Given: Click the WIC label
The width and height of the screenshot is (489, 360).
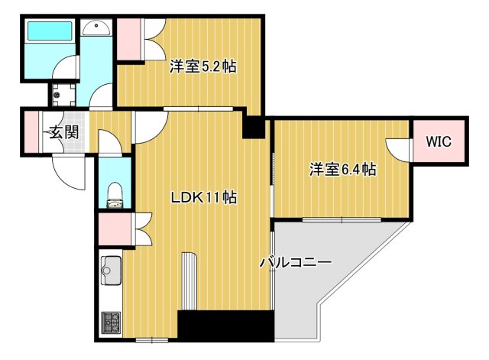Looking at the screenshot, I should pos(439,141).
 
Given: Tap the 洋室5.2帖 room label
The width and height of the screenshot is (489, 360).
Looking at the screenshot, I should pos(202,66).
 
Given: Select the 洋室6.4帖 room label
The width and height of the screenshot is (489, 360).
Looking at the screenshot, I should pos(342,169).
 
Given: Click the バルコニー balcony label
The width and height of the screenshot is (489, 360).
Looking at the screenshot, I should pos(295,262).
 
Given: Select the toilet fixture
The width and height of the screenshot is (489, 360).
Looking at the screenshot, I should pos(115,193).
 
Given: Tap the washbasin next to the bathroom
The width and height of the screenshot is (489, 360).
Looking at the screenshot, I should pos(97,29).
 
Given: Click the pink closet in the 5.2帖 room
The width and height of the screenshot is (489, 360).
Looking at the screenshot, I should pos(128,37).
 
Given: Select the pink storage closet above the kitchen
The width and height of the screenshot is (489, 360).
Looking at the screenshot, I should pos(113,228).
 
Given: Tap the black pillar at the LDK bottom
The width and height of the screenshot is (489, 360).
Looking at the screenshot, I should pos(225,325).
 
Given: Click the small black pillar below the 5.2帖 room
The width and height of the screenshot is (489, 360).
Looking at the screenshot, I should pos(252,126).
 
